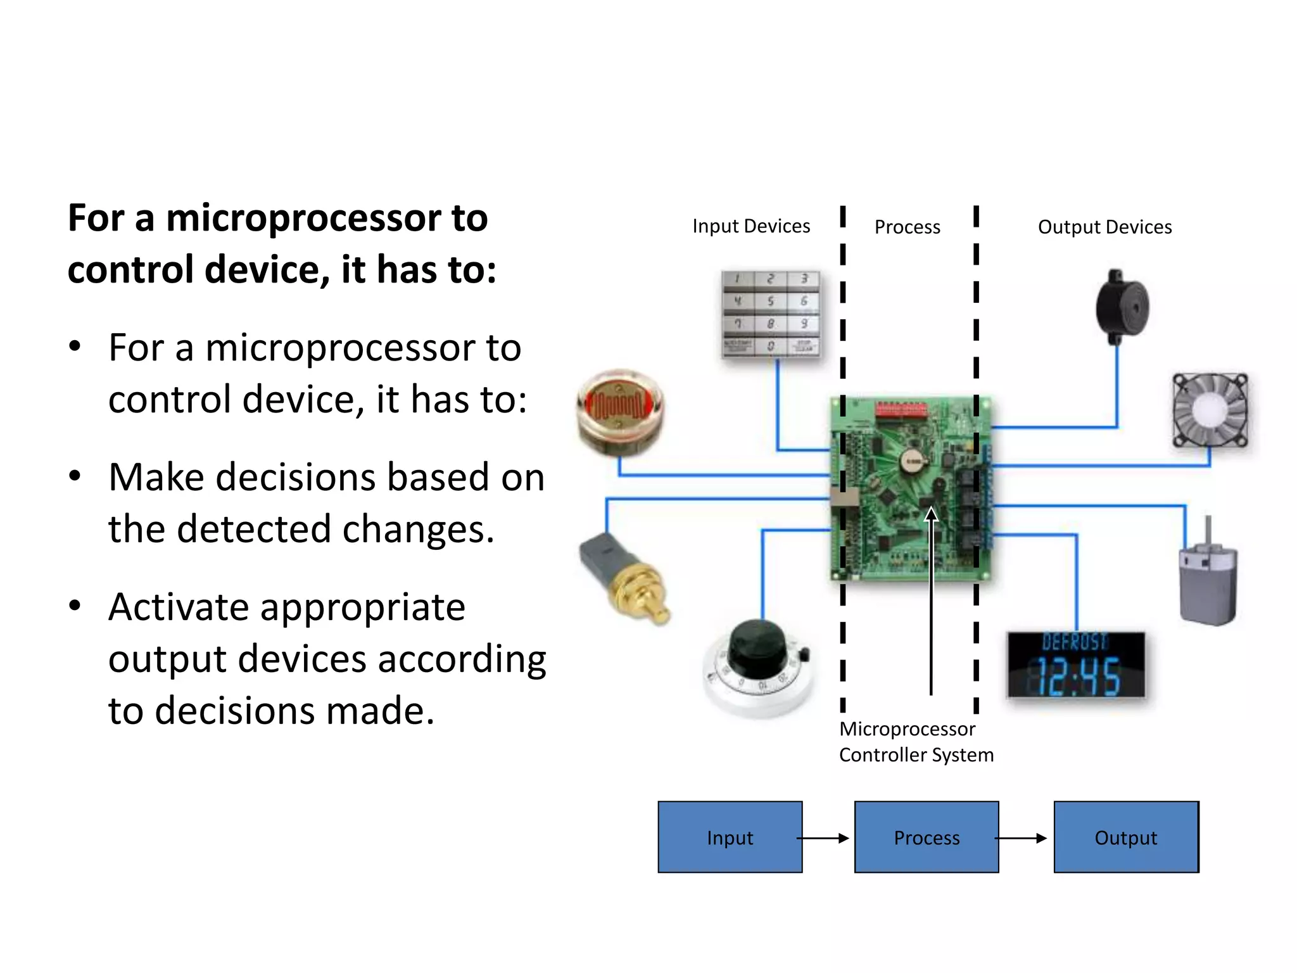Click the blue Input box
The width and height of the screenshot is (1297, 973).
click(730, 837)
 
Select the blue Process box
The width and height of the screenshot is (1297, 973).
click(926, 837)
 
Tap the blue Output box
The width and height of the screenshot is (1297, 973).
click(1125, 837)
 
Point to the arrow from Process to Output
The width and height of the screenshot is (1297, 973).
click(1021, 838)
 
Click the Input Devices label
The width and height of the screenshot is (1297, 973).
click(750, 226)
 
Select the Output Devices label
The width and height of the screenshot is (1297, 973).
click(1104, 227)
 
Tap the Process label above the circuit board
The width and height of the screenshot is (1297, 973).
click(907, 227)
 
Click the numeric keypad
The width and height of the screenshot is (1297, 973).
click(771, 314)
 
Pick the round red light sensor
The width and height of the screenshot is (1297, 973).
click(619, 412)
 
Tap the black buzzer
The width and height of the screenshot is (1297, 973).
click(1122, 307)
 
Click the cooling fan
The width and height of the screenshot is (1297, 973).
click(1210, 410)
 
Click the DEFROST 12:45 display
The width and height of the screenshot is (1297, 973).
click(1076, 665)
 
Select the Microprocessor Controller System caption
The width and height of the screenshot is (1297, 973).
click(915, 742)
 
